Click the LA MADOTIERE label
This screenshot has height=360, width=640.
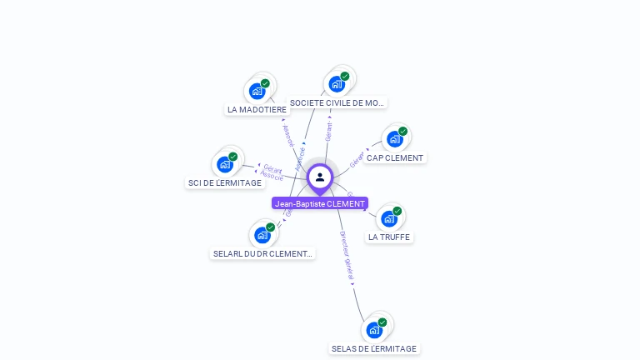point(257,109)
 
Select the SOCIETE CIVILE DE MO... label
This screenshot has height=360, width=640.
point(337,103)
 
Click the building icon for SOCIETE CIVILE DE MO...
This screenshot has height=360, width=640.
point(337,84)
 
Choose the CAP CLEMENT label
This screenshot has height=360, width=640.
point(395,157)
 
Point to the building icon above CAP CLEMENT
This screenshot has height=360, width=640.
point(394,139)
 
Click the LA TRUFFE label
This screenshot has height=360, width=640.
point(389,237)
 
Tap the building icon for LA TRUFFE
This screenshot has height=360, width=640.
point(388,219)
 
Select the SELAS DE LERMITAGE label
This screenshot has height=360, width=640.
point(373,348)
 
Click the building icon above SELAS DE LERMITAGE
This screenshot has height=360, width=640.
point(373,330)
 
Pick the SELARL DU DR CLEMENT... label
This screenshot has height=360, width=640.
point(262,253)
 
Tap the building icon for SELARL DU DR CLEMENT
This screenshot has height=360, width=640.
point(262,235)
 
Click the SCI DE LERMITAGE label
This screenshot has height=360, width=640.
point(225,182)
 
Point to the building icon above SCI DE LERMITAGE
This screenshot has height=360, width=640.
point(224,164)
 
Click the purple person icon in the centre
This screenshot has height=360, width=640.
point(320,177)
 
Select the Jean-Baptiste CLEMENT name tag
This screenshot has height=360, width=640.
point(320,203)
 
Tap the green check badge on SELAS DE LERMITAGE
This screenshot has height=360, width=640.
point(382,322)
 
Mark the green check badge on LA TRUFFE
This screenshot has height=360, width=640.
point(397,212)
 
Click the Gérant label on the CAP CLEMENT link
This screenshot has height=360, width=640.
point(357,160)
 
